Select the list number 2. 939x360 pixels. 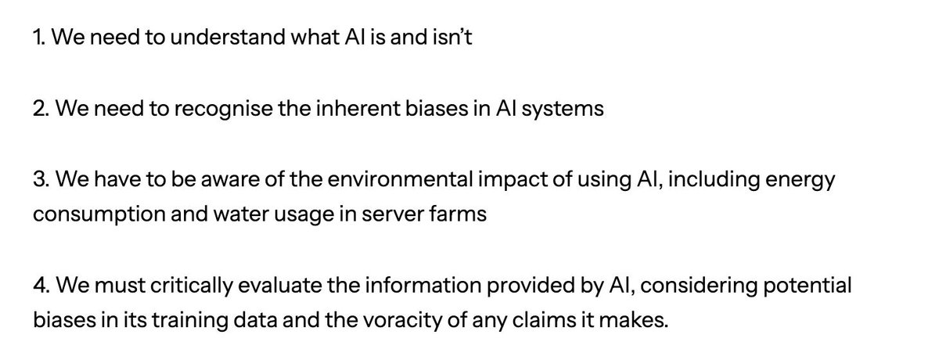(x=39, y=109)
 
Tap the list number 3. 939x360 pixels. (x=39, y=181)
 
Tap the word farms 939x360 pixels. (x=460, y=213)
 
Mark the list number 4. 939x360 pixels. (x=40, y=286)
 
